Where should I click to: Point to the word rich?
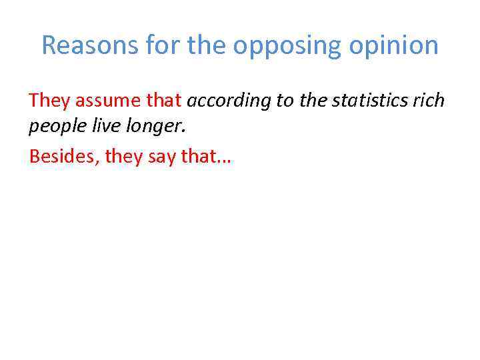point(429,101)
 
